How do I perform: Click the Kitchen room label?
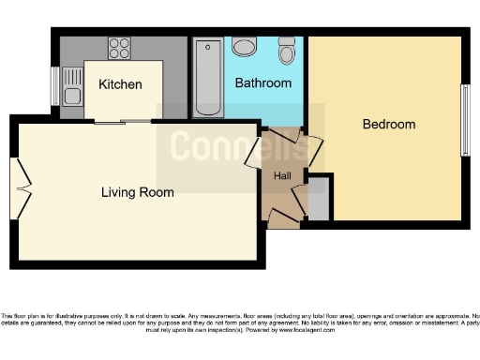pyautogui.click(x=120, y=84)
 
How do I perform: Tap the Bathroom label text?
pyautogui.click(x=262, y=83)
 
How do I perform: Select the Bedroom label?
pyautogui.click(x=389, y=124)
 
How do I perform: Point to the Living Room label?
pyautogui.click(x=138, y=192)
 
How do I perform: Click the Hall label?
pyautogui.click(x=281, y=176)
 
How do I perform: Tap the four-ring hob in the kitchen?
pyautogui.click(x=119, y=48)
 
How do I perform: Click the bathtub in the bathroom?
pyautogui.click(x=208, y=77)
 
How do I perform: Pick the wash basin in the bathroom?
pyautogui.click(x=245, y=47)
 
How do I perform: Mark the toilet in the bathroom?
pyautogui.click(x=287, y=51)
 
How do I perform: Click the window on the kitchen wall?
pyautogui.click(x=55, y=86)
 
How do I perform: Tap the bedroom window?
pyautogui.click(x=464, y=120)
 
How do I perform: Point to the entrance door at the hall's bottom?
pyautogui.click(x=283, y=217)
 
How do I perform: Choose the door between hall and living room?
pyautogui.click(x=253, y=153)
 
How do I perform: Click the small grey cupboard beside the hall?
pyautogui.click(x=319, y=200)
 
